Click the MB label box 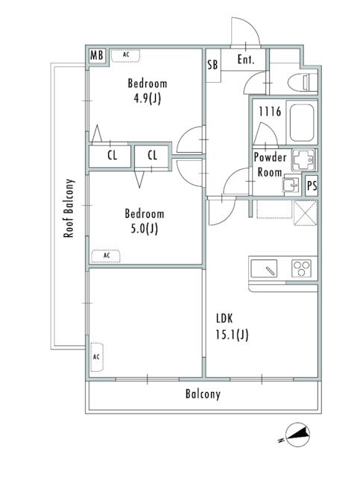click(97, 56)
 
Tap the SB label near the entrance click(212, 65)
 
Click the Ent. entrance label click(245, 59)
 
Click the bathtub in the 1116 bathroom click(302, 122)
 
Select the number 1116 click(270, 111)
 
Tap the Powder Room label click(270, 165)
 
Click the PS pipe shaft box click(312, 186)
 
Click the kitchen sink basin click(264, 268)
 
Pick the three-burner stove click(301, 268)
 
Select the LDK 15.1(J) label click(232, 326)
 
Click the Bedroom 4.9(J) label click(148, 91)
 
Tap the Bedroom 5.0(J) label click(145, 221)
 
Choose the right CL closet click(152, 156)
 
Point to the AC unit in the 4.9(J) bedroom click(125, 56)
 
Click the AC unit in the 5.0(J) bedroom click(106, 256)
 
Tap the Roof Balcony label click(69, 208)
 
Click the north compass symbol click(298, 435)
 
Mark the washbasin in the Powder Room click(291, 185)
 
